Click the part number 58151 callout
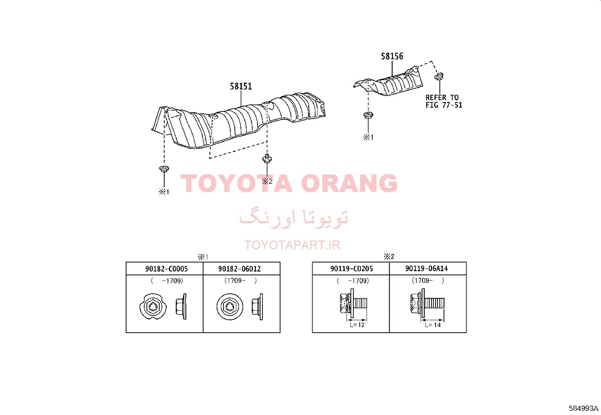(x=241, y=86)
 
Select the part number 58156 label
(x=392, y=56)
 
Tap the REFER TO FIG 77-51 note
(x=444, y=101)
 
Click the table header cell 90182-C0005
(x=166, y=269)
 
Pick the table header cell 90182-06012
(x=239, y=269)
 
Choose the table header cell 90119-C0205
(x=351, y=268)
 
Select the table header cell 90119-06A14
(x=427, y=268)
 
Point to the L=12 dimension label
(x=357, y=325)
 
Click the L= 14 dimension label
(x=433, y=325)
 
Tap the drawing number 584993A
(x=583, y=408)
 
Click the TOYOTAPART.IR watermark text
(x=292, y=245)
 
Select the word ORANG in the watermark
(x=349, y=183)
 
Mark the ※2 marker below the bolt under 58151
(x=267, y=182)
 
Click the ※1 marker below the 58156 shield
(x=368, y=137)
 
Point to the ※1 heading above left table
(x=203, y=257)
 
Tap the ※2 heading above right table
(x=389, y=257)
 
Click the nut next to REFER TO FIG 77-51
(x=439, y=76)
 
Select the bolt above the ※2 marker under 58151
(x=267, y=159)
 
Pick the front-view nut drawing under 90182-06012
(x=230, y=307)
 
